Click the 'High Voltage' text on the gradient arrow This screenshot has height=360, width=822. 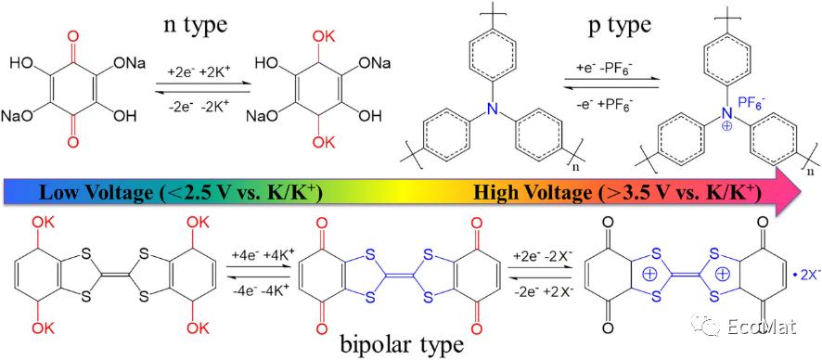click(525, 194)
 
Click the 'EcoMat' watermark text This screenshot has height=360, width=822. click(761, 328)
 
